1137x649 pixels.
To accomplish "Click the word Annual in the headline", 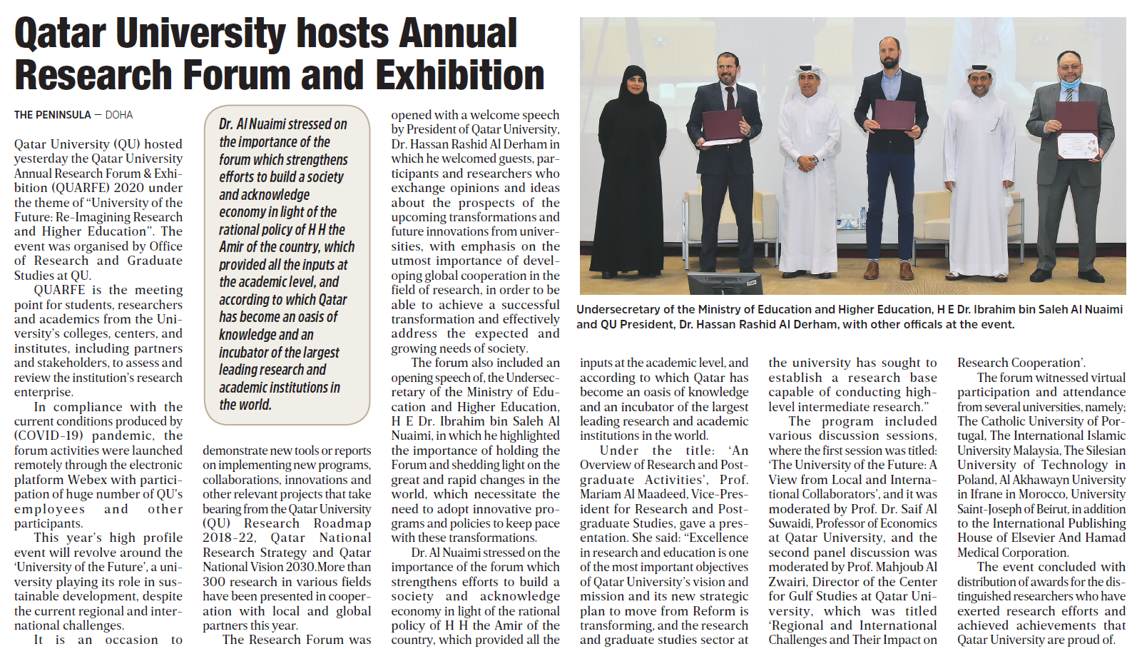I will (458, 34).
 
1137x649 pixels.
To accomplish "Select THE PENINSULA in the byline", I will (53, 115).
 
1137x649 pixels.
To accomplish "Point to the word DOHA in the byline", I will (119, 115).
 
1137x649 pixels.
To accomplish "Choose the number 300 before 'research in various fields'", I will (215, 582).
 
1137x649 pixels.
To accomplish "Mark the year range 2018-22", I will (229, 538).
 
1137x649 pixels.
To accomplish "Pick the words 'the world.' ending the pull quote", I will (245, 405).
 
